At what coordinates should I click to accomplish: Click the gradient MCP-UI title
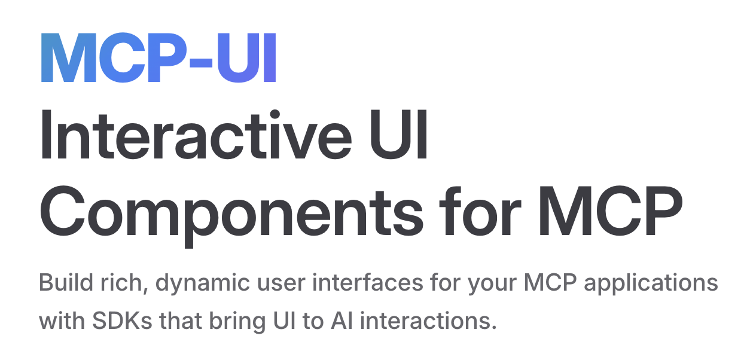[x=158, y=57]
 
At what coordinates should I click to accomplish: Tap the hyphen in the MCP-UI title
[x=200, y=62]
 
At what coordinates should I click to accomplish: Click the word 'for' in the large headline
[x=480, y=211]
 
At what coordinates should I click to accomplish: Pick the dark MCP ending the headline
[x=611, y=210]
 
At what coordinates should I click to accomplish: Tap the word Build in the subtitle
[x=66, y=282]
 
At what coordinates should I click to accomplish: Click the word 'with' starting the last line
[x=62, y=320]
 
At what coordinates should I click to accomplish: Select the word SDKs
[x=122, y=320]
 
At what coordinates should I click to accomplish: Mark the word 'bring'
[x=237, y=322]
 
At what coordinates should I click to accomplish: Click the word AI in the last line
[x=341, y=320]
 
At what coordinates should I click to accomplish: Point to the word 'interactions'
[x=428, y=320]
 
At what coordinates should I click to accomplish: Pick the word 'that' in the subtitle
[x=181, y=320]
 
